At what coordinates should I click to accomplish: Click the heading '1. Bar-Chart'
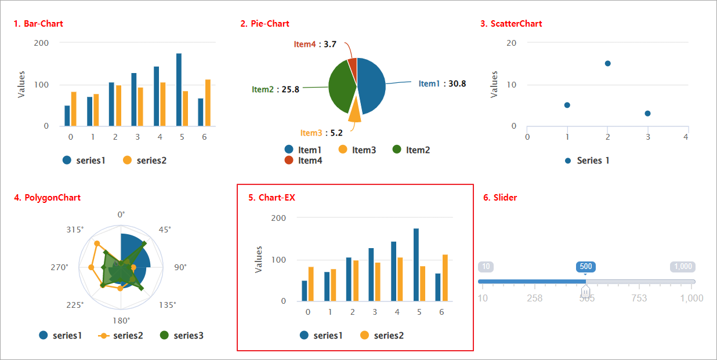(x=38, y=24)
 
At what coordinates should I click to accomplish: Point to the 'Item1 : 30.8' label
(x=442, y=83)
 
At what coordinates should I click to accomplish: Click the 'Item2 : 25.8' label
(x=276, y=89)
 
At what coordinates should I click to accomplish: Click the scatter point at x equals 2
(x=607, y=63)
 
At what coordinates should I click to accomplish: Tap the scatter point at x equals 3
(x=647, y=114)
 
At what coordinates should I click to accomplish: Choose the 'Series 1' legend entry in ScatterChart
(x=588, y=161)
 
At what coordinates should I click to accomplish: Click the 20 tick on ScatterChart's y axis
(x=512, y=43)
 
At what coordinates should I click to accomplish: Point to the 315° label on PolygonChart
(x=75, y=230)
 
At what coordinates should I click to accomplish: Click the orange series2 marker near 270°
(x=91, y=267)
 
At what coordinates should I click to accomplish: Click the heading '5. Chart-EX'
(x=271, y=198)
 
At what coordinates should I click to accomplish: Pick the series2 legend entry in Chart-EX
(x=381, y=335)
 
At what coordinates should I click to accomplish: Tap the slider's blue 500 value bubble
(x=586, y=267)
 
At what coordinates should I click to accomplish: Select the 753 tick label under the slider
(x=639, y=298)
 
